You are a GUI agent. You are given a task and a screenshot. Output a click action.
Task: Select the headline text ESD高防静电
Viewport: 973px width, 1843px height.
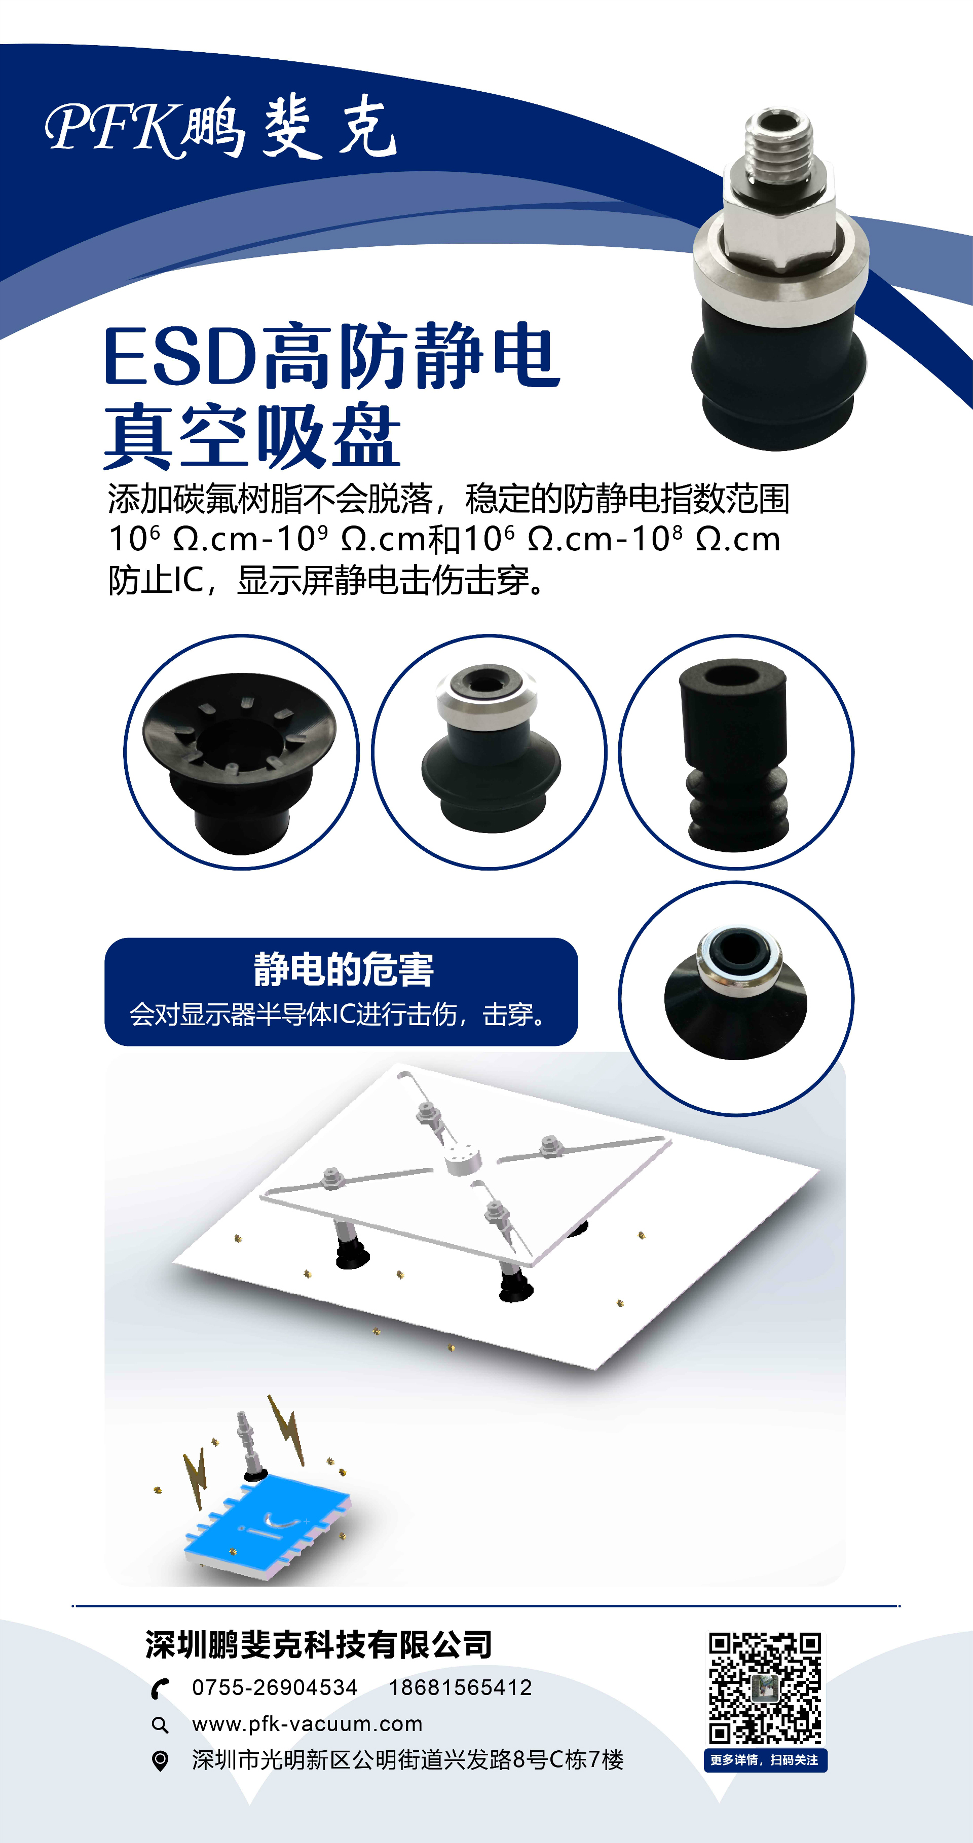coord(332,356)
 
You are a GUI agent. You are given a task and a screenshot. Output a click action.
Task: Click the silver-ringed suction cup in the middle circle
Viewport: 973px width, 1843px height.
coord(489,748)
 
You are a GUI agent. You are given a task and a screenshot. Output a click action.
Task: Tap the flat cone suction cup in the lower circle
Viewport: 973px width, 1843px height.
coord(735,993)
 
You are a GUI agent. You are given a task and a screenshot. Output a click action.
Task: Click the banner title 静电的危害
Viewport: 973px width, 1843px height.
coord(344,969)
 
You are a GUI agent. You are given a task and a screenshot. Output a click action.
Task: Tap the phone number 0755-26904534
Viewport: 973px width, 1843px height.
coord(275,1688)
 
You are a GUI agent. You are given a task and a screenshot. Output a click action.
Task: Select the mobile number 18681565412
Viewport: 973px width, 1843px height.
coord(460,1688)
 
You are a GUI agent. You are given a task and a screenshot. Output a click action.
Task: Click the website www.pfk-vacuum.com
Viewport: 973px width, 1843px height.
coord(307,1724)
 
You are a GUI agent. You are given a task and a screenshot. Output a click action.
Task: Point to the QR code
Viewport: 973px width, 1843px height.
coord(765,1688)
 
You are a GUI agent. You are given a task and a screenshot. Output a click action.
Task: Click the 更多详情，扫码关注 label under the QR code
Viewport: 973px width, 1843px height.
coord(765,1760)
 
